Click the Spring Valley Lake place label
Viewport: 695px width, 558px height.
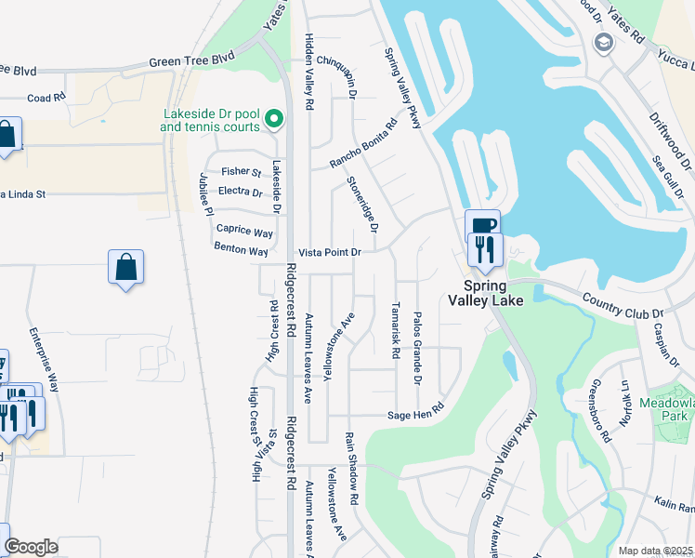494,293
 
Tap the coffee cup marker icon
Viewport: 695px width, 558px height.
483,226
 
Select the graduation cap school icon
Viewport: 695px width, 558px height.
604,42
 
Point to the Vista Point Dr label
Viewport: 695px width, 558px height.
329,252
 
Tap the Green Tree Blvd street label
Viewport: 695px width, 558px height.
185,64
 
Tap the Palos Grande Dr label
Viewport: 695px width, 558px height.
417,349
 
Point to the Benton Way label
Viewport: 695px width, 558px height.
241,251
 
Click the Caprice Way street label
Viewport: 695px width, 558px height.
244,231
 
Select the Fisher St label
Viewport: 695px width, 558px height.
242,171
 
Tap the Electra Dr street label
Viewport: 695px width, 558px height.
240,192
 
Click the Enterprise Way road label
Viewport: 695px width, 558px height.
44,358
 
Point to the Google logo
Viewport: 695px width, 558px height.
31,547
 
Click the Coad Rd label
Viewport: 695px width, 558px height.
46,97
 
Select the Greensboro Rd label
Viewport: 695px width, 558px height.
599,409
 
